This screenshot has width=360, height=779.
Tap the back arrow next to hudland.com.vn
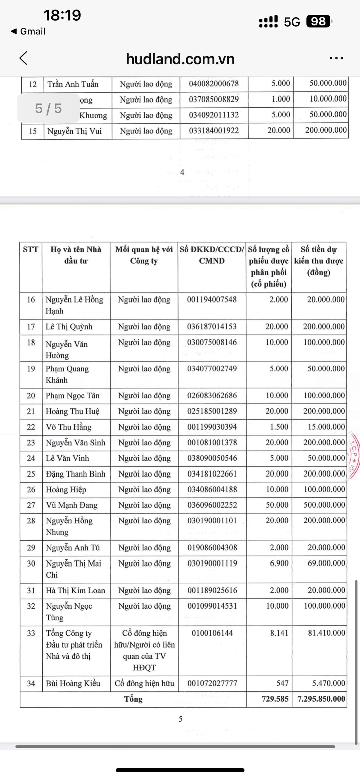click(23, 58)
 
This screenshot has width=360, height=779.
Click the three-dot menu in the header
click(336, 58)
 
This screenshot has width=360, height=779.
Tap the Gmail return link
click(28, 31)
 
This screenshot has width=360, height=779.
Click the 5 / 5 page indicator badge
click(48, 108)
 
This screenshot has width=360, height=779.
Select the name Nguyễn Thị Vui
click(74, 131)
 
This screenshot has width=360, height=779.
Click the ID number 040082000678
click(214, 84)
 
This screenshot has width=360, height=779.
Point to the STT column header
click(31, 250)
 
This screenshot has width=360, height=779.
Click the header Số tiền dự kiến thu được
click(319, 261)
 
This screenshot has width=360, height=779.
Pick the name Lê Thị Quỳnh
click(69, 327)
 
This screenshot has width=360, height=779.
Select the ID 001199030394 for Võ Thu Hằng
click(212, 427)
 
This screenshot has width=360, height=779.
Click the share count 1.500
click(279, 427)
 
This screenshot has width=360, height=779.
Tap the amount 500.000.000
click(324, 505)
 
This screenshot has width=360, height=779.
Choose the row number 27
click(31, 505)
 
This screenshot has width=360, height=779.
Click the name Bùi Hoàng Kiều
click(73, 683)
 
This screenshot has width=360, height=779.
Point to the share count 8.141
click(279, 633)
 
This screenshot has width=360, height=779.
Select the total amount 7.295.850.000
click(321, 699)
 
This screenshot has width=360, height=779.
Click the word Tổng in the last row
click(133, 699)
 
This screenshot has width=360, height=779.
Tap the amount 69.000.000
click(326, 563)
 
